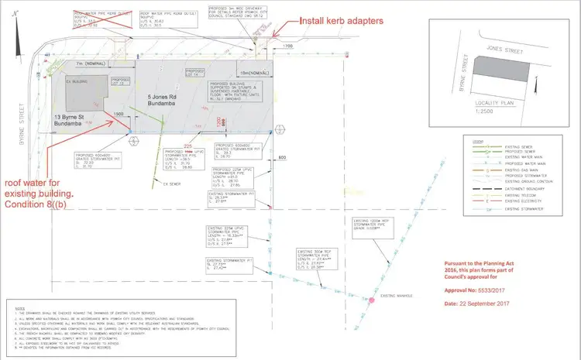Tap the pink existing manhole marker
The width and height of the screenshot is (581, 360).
[373, 299]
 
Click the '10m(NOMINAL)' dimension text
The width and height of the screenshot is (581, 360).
[256, 74]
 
